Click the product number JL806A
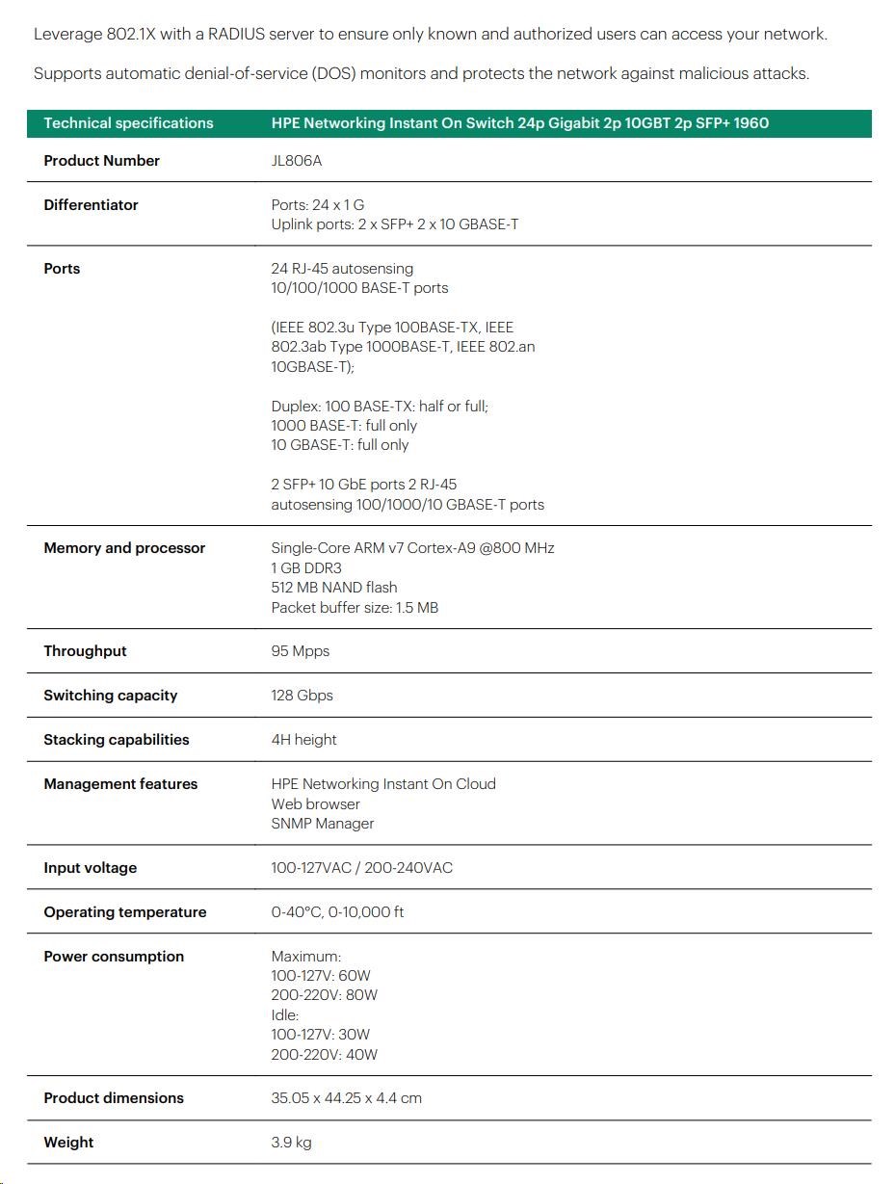[296, 161]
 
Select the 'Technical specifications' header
[128, 123]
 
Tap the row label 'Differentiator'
[91, 205]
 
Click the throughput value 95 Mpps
[300, 651]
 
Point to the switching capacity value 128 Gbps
[302, 696]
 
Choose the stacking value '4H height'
[303, 740]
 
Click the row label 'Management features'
[120, 784]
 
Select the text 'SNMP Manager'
[322, 824]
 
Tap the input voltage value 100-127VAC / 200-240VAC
[361, 868]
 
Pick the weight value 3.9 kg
[291, 1143]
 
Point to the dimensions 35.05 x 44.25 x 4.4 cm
[346, 1098]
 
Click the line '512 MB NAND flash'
[333, 588]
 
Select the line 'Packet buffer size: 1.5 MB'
[355, 608]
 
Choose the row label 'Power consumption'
[114, 957]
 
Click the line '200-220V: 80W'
[324, 995]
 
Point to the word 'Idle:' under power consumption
[285, 1015]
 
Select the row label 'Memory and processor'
[124, 548]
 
